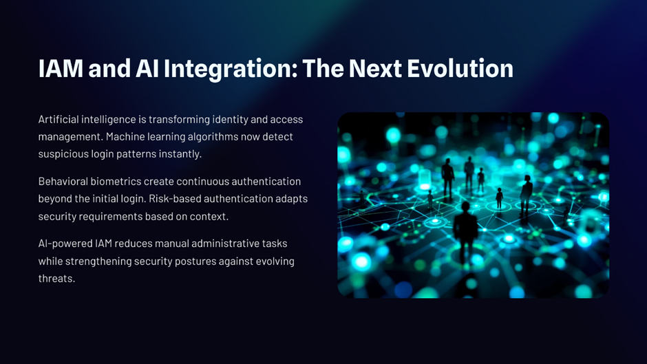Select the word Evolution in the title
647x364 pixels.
(x=460, y=68)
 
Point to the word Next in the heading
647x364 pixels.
(x=375, y=68)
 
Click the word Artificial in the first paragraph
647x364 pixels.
(x=59, y=119)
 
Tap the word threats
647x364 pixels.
(x=56, y=279)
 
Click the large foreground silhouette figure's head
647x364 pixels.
(x=465, y=208)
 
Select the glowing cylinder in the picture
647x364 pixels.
(x=425, y=179)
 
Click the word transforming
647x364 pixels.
(x=180, y=120)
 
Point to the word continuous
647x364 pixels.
(x=202, y=181)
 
